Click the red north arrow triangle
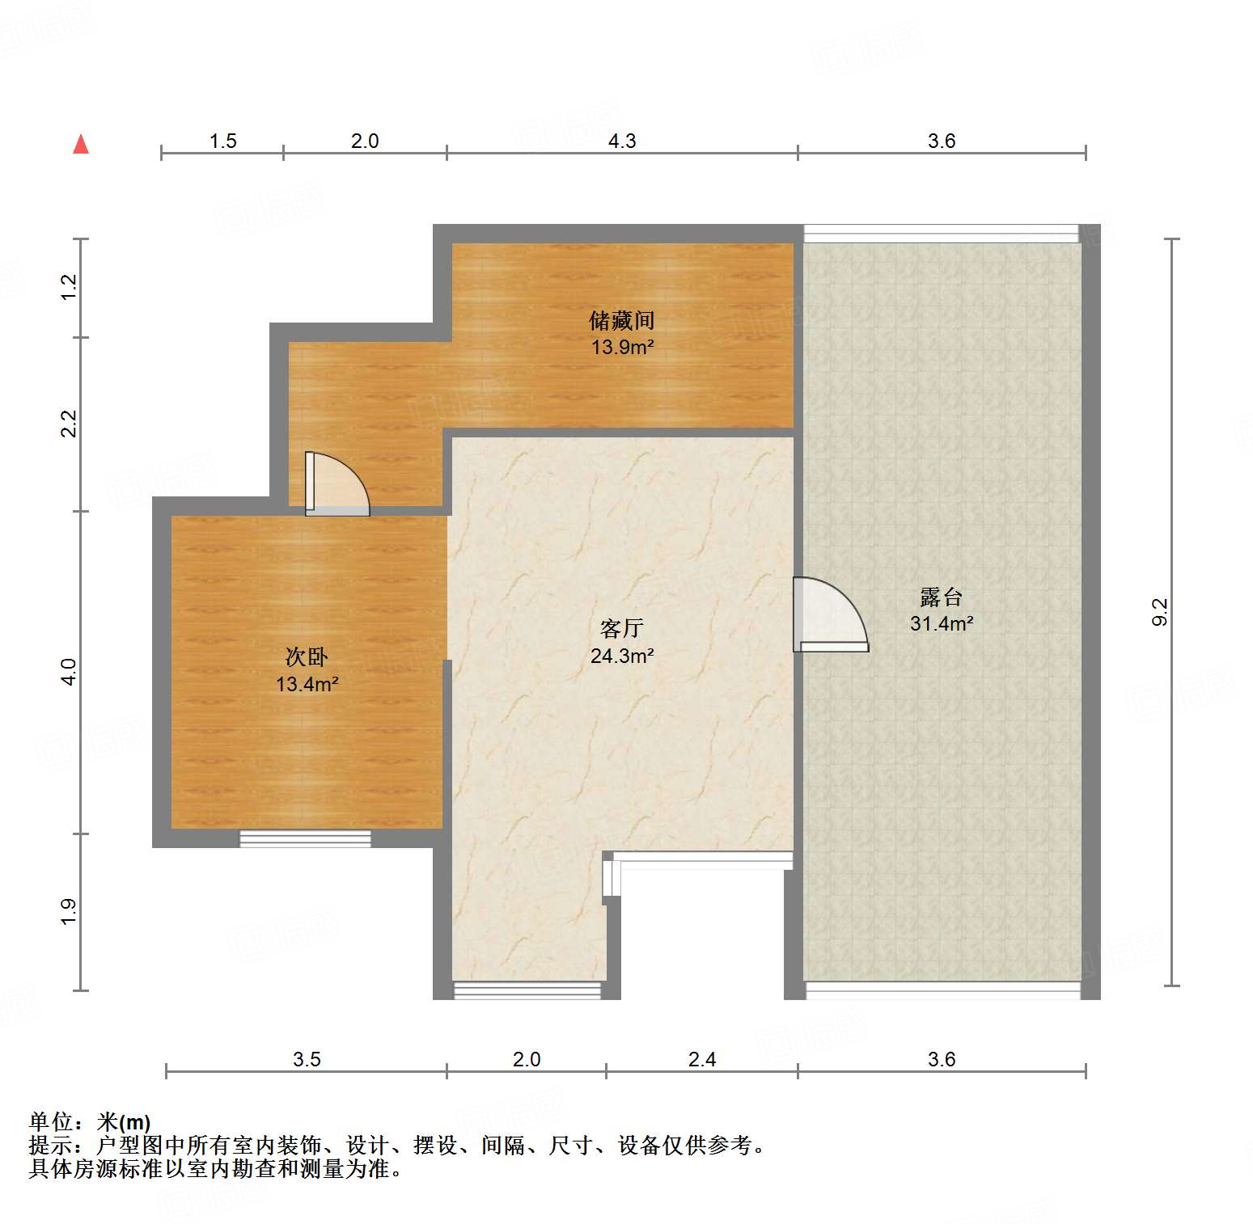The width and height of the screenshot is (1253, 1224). (81, 145)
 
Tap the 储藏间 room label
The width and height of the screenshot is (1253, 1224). (621, 321)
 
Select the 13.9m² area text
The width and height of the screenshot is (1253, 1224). (621, 348)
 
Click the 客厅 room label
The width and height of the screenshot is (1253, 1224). (621, 629)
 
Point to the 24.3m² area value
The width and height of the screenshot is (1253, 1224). (621, 656)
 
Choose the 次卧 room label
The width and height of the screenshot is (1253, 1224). (307, 657)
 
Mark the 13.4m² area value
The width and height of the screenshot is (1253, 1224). (307, 684)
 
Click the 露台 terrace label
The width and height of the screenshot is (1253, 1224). (941, 597)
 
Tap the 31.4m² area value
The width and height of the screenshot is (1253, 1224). (941, 623)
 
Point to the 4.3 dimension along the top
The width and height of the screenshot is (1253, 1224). (621, 141)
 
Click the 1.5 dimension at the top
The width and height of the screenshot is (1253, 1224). (222, 141)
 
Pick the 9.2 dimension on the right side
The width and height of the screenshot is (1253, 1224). (1160, 612)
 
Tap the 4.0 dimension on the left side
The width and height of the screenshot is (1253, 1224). (70, 672)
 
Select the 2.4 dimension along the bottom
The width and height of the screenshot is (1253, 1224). (701, 1059)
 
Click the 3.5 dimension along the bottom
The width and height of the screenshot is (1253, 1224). (307, 1059)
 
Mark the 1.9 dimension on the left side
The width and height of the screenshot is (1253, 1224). (70, 911)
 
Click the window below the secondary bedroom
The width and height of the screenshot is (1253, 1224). (305, 839)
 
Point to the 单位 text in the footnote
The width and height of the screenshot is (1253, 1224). (51, 1122)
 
